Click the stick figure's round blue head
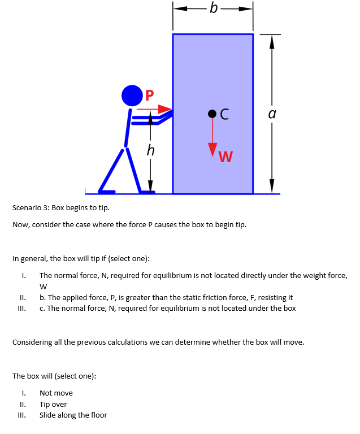coord(131,94)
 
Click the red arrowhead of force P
coord(166,108)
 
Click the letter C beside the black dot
coord(224,114)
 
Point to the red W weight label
coord(225,157)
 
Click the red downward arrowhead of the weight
coord(212,151)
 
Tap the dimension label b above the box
coord(212,8)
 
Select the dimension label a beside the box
coord(272,114)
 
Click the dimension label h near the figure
coord(150,150)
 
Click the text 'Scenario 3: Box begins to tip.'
coord(61,208)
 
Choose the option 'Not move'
coord(56,393)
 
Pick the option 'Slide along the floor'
coord(73,415)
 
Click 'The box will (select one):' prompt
coord(54,376)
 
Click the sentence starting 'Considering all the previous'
coord(158,342)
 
